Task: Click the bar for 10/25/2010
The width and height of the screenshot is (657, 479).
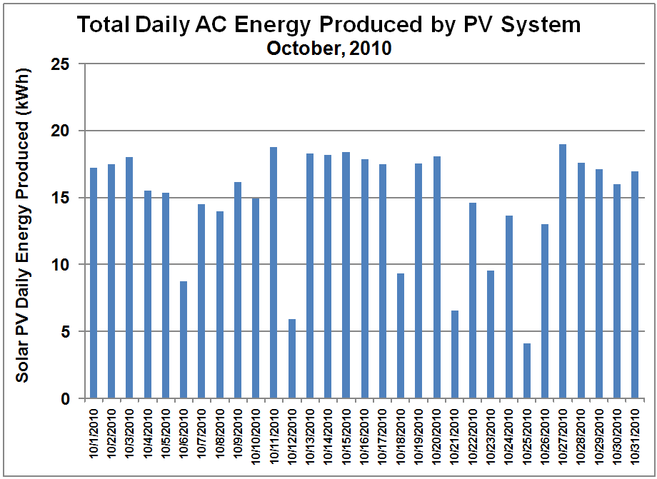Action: (x=527, y=370)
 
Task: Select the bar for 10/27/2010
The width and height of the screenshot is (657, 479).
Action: (x=563, y=271)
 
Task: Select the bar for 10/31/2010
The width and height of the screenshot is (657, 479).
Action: (x=635, y=285)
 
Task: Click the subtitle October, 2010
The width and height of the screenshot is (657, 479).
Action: (x=328, y=49)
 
